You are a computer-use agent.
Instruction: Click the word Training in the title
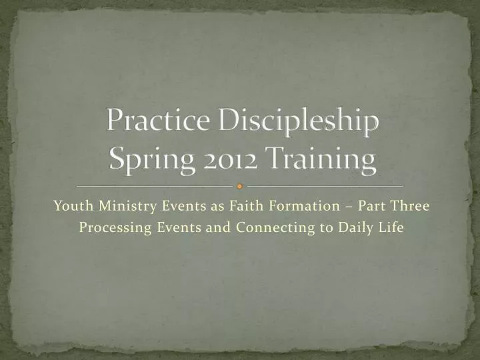pos(321,161)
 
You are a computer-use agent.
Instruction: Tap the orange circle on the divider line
pos(240,187)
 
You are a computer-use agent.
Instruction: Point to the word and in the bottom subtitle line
pos(213,227)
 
